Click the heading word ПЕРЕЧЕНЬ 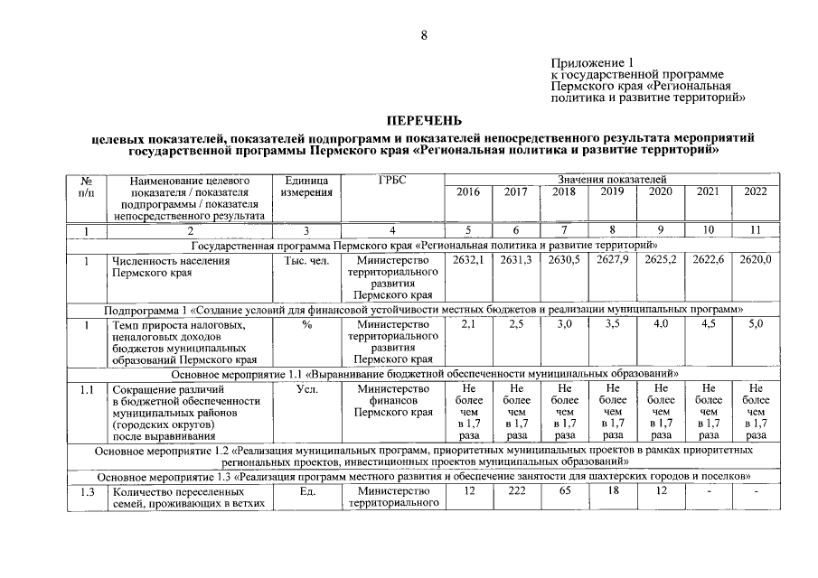point(424,120)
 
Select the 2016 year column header point(467,192)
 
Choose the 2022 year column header point(755,192)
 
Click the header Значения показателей point(611,181)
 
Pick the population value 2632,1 point(467,260)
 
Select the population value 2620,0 point(755,260)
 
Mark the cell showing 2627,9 point(613,260)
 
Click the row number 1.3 point(87,491)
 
